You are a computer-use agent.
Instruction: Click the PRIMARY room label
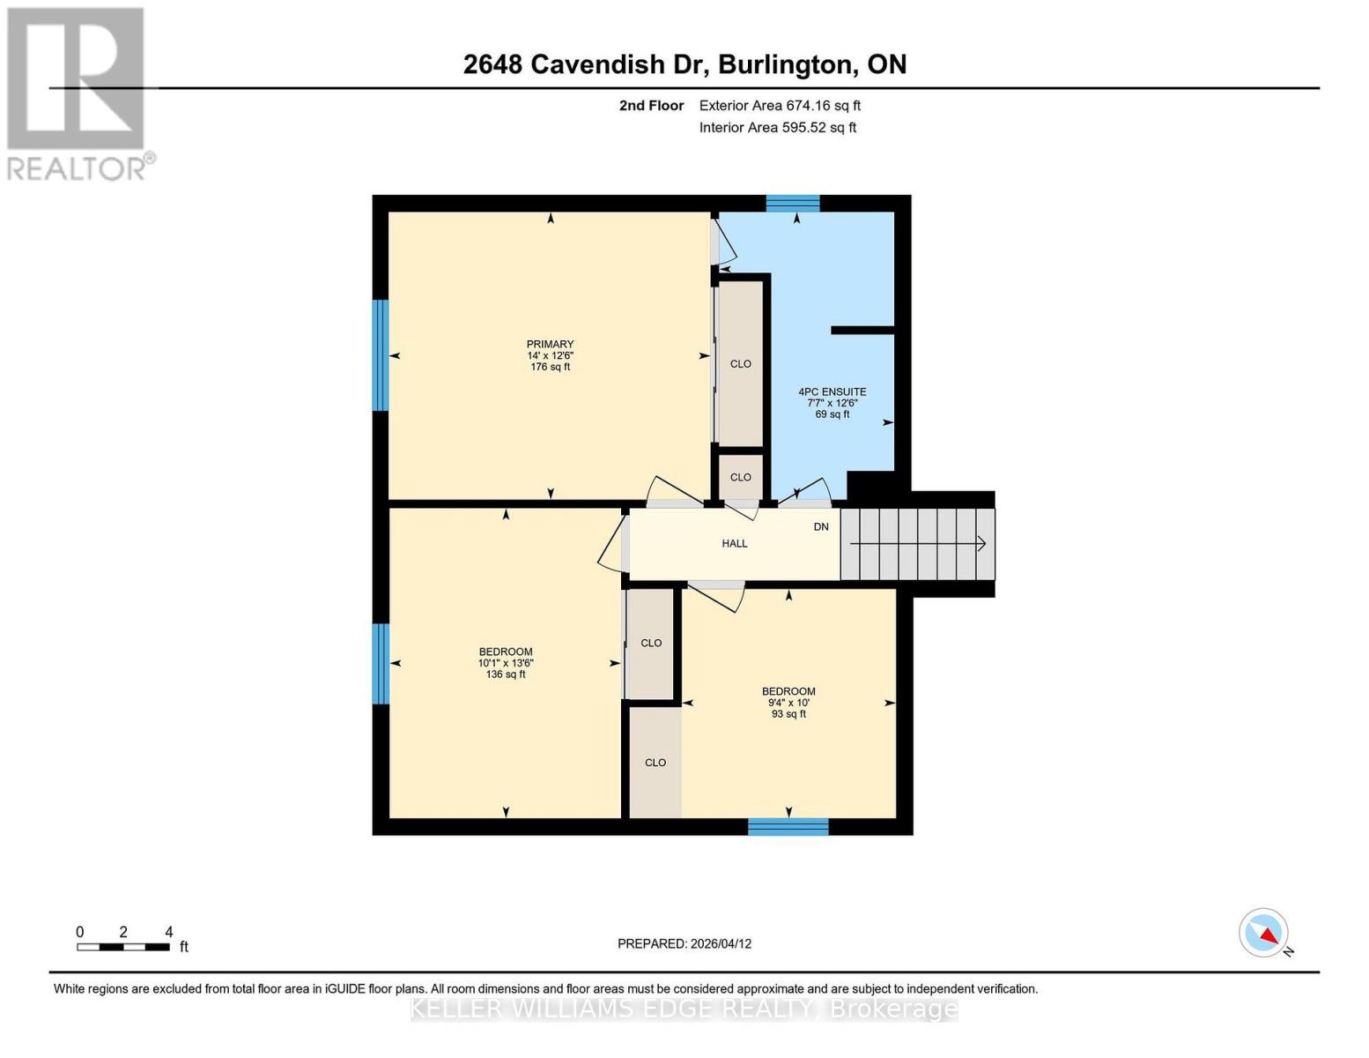(x=550, y=345)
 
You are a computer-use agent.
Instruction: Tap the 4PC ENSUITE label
(x=832, y=392)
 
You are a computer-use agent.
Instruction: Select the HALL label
(x=734, y=544)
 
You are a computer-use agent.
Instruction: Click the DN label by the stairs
(x=820, y=527)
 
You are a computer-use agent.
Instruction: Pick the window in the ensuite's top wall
(x=792, y=203)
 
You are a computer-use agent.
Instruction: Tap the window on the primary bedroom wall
(x=381, y=354)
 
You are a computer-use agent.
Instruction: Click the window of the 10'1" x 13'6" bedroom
(x=381, y=663)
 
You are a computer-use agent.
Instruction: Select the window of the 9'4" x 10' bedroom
(x=788, y=827)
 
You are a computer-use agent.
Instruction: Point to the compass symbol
(x=1264, y=933)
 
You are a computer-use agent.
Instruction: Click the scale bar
(x=123, y=947)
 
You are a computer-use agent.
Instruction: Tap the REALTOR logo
(x=78, y=93)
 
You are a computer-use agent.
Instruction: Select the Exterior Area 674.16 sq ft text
(x=780, y=106)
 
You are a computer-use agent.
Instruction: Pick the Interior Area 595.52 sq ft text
(x=777, y=128)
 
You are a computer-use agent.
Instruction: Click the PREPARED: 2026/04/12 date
(x=684, y=943)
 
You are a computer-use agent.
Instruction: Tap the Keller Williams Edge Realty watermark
(x=684, y=1009)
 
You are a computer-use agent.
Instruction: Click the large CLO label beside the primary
(x=740, y=364)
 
